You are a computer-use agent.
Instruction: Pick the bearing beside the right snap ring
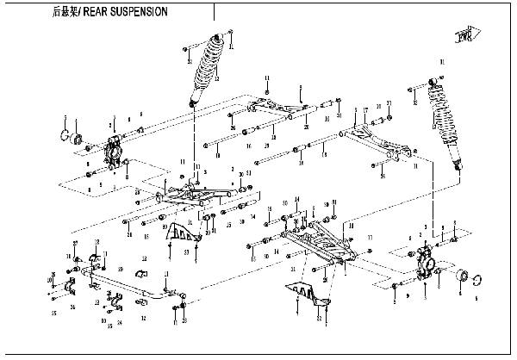point(461,276)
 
